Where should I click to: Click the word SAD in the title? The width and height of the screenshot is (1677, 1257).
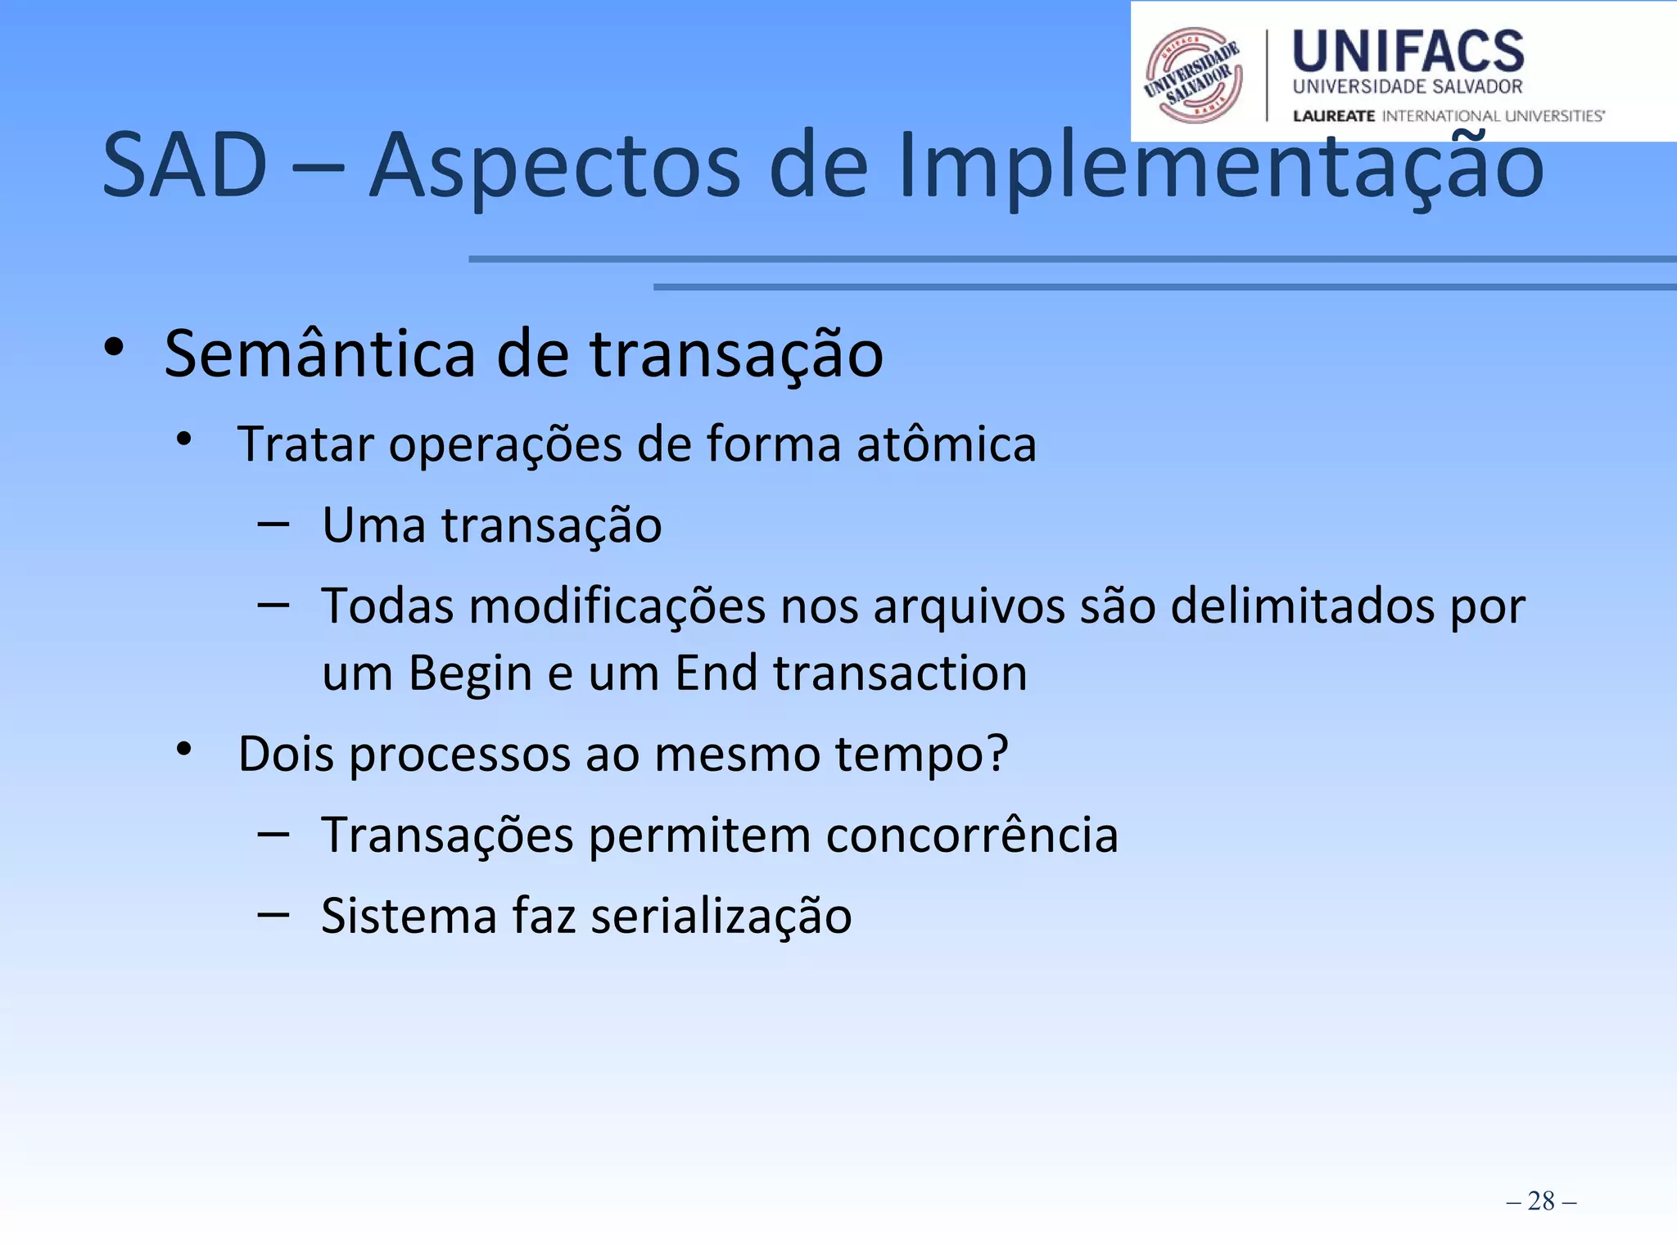[185, 166]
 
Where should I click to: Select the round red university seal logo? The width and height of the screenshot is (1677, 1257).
[1194, 74]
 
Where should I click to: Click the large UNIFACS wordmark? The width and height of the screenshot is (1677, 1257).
[1408, 52]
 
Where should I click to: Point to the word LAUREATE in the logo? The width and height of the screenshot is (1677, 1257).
[1333, 116]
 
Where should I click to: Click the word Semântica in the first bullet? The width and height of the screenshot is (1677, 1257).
[319, 354]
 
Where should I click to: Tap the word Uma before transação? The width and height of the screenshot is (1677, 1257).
[373, 525]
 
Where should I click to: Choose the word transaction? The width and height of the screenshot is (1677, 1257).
[900, 674]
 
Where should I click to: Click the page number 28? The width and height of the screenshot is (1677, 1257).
[1540, 1201]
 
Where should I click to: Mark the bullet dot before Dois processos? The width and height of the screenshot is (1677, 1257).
[184, 749]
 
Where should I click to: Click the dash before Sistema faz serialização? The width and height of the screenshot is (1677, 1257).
[273, 913]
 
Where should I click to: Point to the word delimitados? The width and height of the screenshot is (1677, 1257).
[1302, 607]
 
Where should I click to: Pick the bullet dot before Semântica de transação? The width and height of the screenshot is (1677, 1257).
[114, 348]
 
